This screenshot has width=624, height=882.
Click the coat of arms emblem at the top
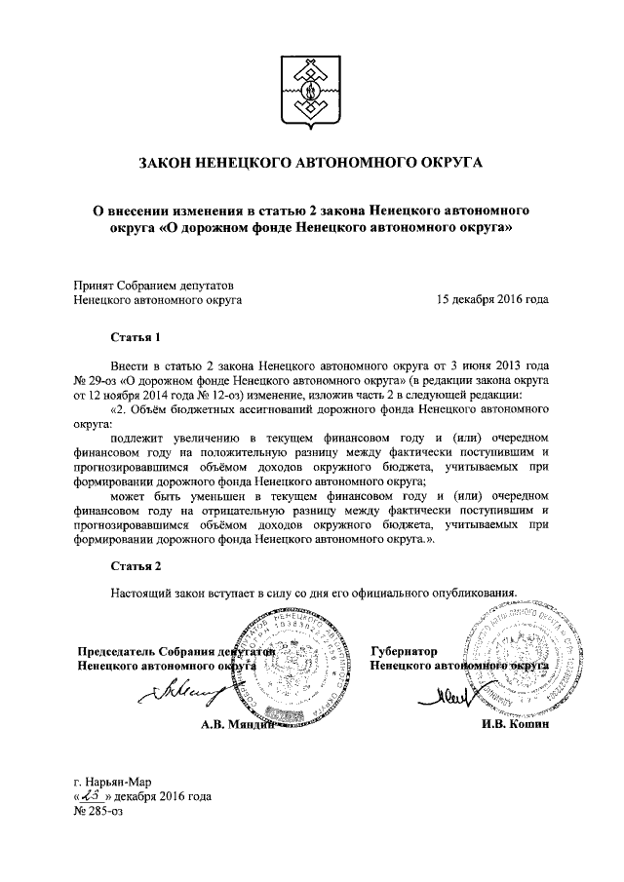312,89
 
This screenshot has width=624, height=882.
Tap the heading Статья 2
136,566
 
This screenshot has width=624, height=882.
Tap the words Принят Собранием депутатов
155,286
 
